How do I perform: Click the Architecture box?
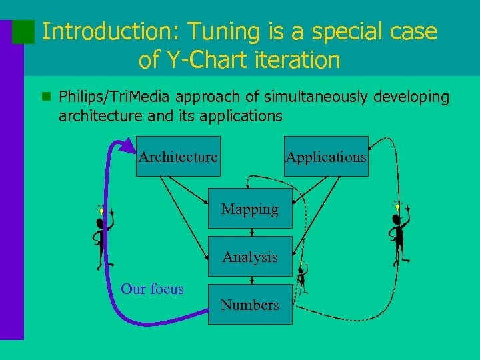tap(178, 156)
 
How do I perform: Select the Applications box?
tap(326, 156)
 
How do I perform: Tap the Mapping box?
tap(250, 209)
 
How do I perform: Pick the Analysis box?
tap(250, 256)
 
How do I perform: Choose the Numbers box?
tap(250, 305)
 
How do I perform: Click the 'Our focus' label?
tap(152, 289)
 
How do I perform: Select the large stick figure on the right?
tap(399, 233)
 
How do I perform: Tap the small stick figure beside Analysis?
tap(302, 279)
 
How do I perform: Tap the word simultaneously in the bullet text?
tap(315, 97)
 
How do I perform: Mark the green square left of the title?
tap(24, 31)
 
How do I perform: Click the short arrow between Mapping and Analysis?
tap(251, 232)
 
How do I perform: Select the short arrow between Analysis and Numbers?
tap(251, 280)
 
